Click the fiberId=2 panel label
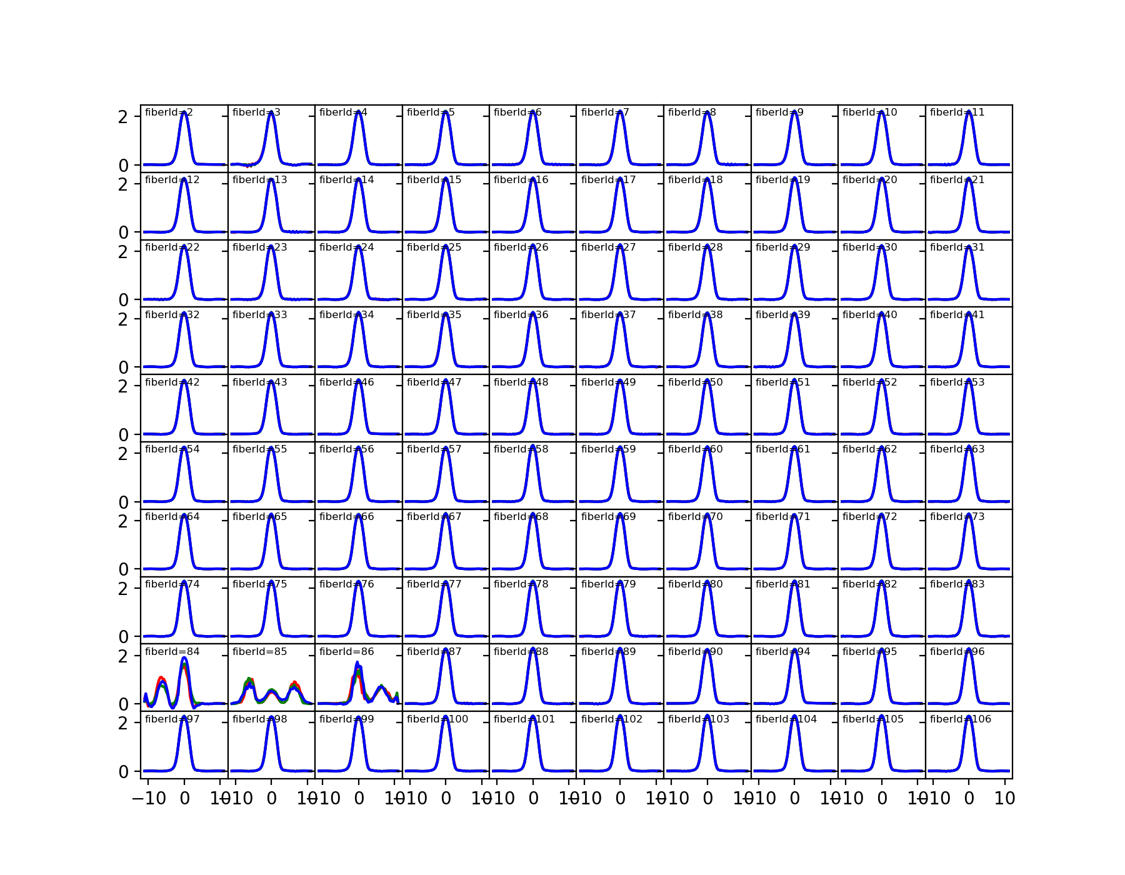coord(169,112)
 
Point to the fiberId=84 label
coord(172,652)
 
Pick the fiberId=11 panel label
coord(957,112)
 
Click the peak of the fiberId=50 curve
coord(707,381)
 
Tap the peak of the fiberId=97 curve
coord(184,717)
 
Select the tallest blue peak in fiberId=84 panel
coord(184,657)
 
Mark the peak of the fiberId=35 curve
coord(446,313)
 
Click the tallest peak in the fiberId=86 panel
coord(357,662)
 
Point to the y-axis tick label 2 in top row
coord(123,117)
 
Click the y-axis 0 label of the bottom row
coord(123,772)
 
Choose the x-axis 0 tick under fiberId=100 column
coord(446,798)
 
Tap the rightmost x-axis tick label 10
coord(1004,798)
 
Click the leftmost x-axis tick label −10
coord(149,798)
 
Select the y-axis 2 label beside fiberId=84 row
coord(123,656)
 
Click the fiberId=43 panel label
coord(259,382)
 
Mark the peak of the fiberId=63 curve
coord(969,448)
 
